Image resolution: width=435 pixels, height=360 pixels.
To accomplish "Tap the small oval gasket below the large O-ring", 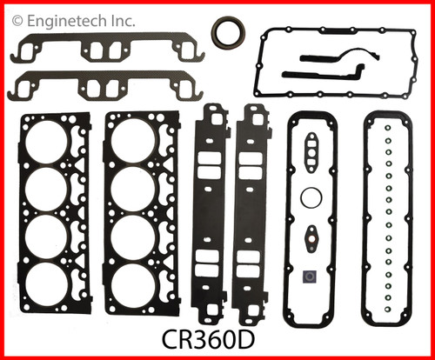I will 311,236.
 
